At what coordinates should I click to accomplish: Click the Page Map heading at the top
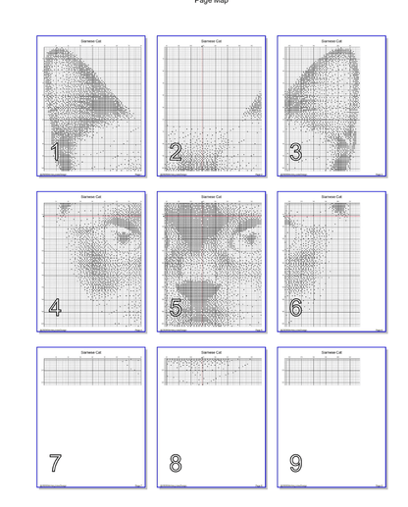click(x=211, y=2)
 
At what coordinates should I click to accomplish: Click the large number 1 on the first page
click(x=55, y=152)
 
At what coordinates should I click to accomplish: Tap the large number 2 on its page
click(x=176, y=152)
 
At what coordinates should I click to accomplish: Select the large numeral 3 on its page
click(x=295, y=152)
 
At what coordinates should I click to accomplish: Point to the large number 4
click(x=55, y=308)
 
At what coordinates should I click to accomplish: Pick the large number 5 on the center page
click(x=176, y=308)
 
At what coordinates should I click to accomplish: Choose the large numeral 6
click(x=295, y=308)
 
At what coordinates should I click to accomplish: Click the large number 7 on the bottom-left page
click(x=55, y=463)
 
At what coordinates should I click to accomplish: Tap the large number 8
click(x=176, y=463)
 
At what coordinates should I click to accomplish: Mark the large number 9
click(x=295, y=463)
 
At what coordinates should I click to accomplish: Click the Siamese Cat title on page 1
click(x=91, y=41)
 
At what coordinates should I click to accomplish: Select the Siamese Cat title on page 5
click(x=211, y=197)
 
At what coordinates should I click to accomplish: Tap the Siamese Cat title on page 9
click(x=331, y=352)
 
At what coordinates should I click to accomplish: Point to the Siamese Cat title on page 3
click(x=331, y=41)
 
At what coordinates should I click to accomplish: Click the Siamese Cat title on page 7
click(x=91, y=352)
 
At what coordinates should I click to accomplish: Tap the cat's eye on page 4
click(x=122, y=236)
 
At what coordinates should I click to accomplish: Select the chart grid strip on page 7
click(x=91, y=371)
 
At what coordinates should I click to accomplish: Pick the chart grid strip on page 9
click(x=323, y=371)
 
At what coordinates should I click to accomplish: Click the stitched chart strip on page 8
click(x=211, y=371)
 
